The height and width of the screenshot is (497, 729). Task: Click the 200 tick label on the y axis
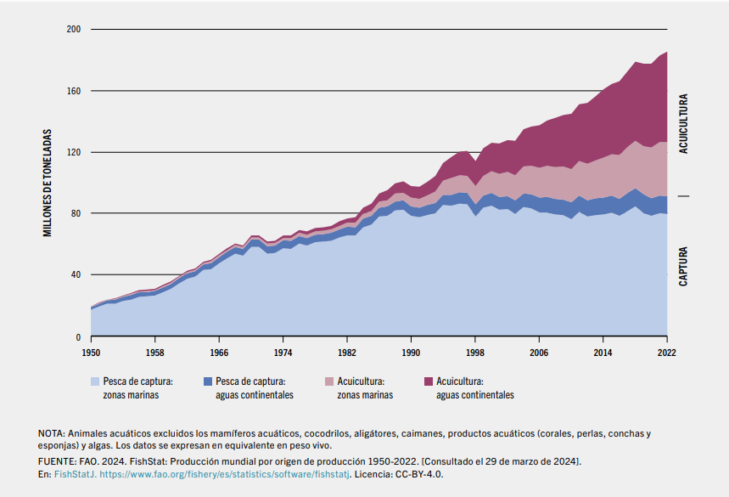(73, 30)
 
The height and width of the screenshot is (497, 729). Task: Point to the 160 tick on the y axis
(73, 91)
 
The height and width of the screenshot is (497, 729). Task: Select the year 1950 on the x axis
(91, 351)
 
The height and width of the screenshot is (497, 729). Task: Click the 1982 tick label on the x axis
(347, 351)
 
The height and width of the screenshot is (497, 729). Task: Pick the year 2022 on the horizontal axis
(667, 351)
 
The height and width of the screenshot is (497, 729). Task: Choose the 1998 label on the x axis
(475, 351)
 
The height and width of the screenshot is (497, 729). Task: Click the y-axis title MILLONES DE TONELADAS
(49, 183)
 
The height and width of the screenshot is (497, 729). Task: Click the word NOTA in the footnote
(51, 433)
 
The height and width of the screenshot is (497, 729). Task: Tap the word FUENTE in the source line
(55, 460)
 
